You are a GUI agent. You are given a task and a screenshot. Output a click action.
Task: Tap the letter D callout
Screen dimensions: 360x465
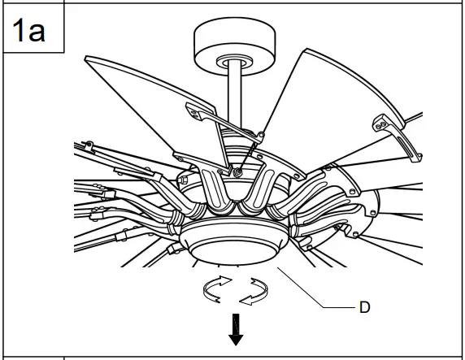point(365,308)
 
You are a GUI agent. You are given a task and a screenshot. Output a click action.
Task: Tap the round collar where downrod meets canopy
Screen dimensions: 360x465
point(234,61)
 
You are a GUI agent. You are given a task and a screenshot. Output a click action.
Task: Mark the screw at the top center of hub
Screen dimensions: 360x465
point(237,170)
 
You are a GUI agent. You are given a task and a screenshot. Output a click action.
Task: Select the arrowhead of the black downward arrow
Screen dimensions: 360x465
point(236,337)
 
